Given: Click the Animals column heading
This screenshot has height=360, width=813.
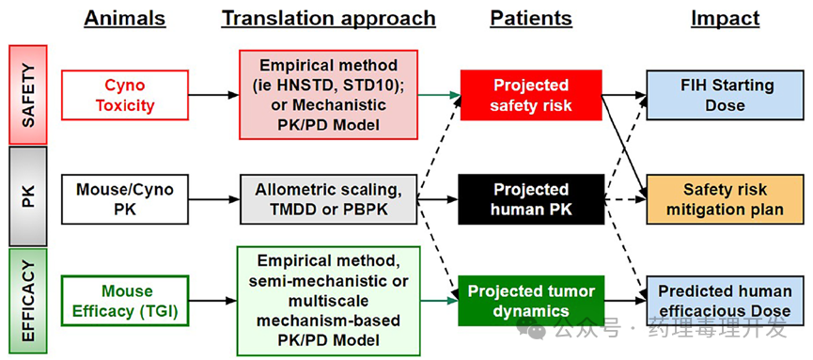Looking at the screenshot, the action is (124, 18).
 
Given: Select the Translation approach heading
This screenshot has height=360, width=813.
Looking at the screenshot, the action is (329, 19).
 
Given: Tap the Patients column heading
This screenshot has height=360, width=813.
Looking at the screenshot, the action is (531, 18).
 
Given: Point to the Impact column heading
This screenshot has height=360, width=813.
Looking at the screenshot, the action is (725, 19).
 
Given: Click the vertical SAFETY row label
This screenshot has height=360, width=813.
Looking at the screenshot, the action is (28, 94).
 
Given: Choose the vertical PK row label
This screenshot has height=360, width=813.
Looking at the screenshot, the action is (28, 196).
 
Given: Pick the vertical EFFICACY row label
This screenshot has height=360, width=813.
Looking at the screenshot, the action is (28, 301).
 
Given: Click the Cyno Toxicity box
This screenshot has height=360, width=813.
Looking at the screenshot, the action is (124, 96).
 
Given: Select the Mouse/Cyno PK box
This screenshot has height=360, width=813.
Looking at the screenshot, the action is (124, 199).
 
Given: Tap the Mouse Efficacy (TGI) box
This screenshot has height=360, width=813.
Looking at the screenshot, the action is (124, 301).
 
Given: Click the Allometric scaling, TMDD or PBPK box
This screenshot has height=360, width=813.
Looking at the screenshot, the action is (328, 199).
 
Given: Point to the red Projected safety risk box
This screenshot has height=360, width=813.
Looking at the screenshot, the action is (531, 96).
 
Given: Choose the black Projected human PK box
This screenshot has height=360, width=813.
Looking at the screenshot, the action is (531, 199).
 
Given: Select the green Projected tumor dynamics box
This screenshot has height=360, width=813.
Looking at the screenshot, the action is (531, 301).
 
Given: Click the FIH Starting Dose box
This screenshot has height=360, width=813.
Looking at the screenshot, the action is (726, 96).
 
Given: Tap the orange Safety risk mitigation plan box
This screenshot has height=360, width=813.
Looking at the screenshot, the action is (726, 199).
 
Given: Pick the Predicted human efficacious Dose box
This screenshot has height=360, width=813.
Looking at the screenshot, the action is (726, 301).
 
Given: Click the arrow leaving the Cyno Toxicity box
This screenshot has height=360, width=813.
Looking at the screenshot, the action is (213, 96).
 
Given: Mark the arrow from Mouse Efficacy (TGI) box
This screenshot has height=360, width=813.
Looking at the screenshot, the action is (212, 301).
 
